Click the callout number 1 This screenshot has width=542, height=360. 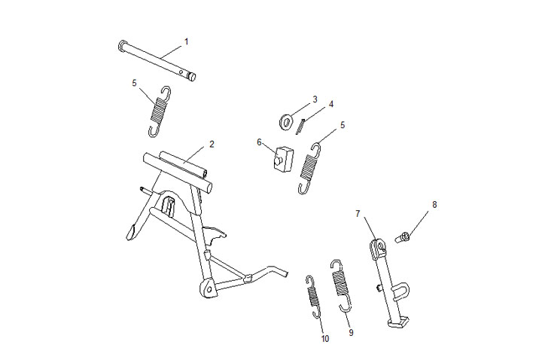click(187, 42)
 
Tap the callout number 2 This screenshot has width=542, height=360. click(212, 144)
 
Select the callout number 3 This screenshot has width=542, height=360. click(315, 99)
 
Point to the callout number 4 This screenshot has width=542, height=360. click(331, 104)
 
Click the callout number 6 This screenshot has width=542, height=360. click(259, 142)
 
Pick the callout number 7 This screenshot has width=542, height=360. click(358, 214)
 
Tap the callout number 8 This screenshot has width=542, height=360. click(434, 205)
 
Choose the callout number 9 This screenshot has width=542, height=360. click(352, 332)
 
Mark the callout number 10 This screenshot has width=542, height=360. click(325, 339)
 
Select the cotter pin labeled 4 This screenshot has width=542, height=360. click(300, 126)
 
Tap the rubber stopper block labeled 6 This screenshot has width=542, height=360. click(283, 158)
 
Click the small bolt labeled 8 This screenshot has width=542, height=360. click(402, 237)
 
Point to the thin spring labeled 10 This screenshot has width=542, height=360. click(313, 296)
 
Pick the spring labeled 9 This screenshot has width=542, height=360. click(341, 284)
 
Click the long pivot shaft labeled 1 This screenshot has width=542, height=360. click(157, 61)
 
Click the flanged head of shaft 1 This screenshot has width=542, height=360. click(122, 45)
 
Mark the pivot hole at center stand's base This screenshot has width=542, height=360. click(209, 288)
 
